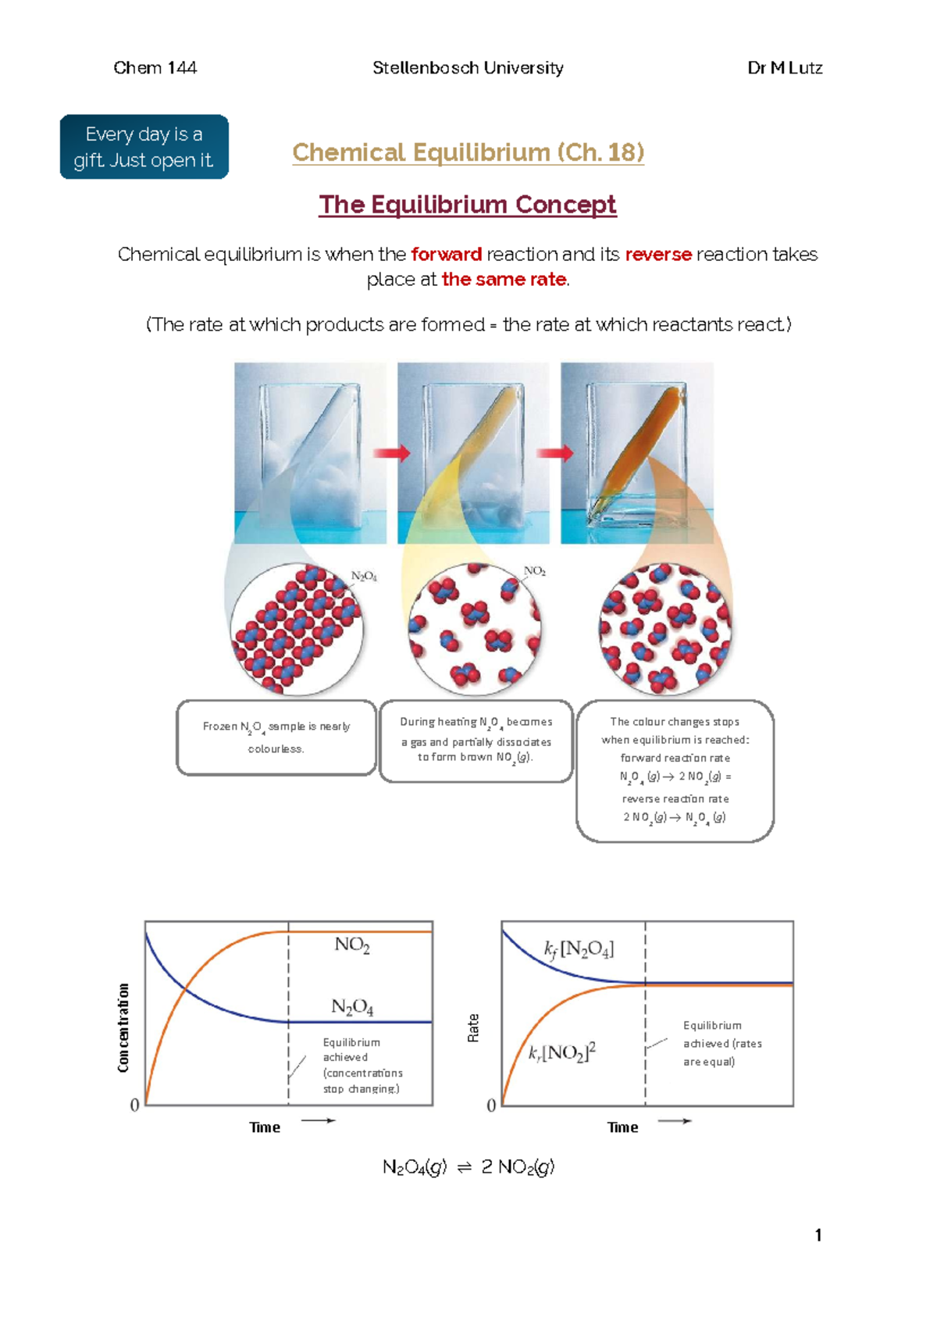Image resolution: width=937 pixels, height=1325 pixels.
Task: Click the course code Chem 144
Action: pyautogui.click(x=155, y=68)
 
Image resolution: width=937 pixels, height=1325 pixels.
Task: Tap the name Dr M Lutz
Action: pyautogui.click(x=785, y=68)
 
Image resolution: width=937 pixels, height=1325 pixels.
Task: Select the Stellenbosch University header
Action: pyautogui.click(x=468, y=68)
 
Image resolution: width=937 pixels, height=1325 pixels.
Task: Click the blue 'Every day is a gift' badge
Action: pyautogui.click(x=144, y=147)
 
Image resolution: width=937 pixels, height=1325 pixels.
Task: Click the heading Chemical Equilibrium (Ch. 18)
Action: pyautogui.click(x=468, y=152)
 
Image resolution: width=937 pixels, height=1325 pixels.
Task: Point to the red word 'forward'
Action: pyautogui.click(x=446, y=255)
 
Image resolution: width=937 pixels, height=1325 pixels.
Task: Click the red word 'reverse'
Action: pyautogui.click(x=657, y=255)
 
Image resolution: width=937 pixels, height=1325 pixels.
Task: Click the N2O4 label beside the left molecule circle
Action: pyautogui.click(x=364, y=577)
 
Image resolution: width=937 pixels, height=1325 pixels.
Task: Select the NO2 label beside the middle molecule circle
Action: pyautogui.click(x=535, y=571)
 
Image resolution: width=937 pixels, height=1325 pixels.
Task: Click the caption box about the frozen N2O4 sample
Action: pyautogui.click(x=276, y=737)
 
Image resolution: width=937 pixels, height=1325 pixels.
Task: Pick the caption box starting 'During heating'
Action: pyautogui.click(x=476, y=740)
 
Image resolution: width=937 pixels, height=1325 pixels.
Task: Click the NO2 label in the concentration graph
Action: pyautogui.click(x=352, y=945)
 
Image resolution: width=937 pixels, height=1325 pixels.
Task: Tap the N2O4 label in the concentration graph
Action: pyautogui.click(x=352, y=1007)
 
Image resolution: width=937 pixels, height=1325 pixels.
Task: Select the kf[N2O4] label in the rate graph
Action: pyautogui.click(x=579, y=949)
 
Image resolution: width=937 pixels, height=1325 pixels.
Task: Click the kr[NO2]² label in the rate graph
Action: pyautogui.click(x=562, y=1052)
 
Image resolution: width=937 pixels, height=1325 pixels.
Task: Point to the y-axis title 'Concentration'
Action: pyautogui.click(x=123, y=1027)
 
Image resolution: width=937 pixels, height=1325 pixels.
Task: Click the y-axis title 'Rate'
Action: pyautogui.click(x=473, y=1028)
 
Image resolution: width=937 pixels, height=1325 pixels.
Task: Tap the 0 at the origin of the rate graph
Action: pyautogui.click(x=491, y=1105)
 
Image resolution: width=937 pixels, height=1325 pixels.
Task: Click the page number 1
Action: pyautogui.click(x=818, y=1235)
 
